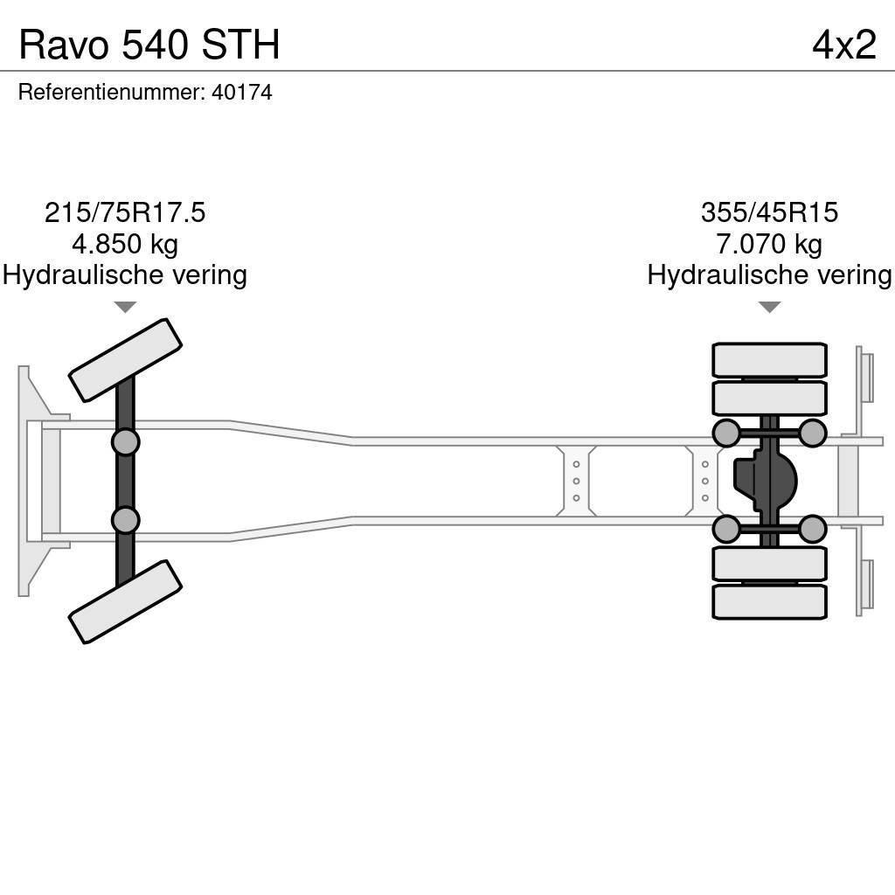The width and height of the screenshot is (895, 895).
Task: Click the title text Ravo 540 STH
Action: pyautogui.click(x=149, y=45)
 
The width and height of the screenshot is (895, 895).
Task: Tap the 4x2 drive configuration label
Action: pyautogui.click(x=843, y=45)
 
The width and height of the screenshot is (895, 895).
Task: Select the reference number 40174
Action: pyautogui.click(x=242, y=93)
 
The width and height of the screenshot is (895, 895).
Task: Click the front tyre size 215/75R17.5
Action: pyautogui.click(x=125, y=212)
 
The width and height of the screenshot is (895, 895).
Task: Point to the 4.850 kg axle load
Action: pyautogui.click(x=125, y=244)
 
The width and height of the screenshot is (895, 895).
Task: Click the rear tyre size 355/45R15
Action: pyautogui.click(x=769, y=212)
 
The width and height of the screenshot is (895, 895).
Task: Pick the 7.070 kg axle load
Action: pyautogui.click(x=769, y=244)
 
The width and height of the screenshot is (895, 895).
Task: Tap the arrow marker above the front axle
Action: pyautogui.click(x=125, y=307)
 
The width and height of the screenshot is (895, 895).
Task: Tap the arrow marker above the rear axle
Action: pyautogui.click(x=769, y=307)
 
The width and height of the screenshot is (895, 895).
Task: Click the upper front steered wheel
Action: pyautogui.click(x=125, y=359)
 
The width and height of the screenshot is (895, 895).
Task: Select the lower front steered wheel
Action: pyautogui.click(x=125, y=601)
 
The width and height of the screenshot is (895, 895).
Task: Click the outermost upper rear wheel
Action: pyautogui.click(x=769, y=360)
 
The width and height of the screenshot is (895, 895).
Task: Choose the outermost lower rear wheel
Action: pyautogui.click(x=769, y=602)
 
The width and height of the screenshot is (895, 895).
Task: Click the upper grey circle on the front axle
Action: pyautogui.click(x=125, y=441)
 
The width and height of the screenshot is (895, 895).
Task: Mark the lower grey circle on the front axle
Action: pyautogui.click(x=125, y=520)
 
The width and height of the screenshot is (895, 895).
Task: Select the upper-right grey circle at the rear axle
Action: pyautogui.click(x=813, y=433)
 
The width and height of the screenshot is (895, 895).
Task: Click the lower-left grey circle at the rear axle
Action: pyautogui.click(x=726, y=529)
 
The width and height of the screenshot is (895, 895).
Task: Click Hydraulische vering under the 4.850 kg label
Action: pyautogui.click(x=125, y=275)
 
